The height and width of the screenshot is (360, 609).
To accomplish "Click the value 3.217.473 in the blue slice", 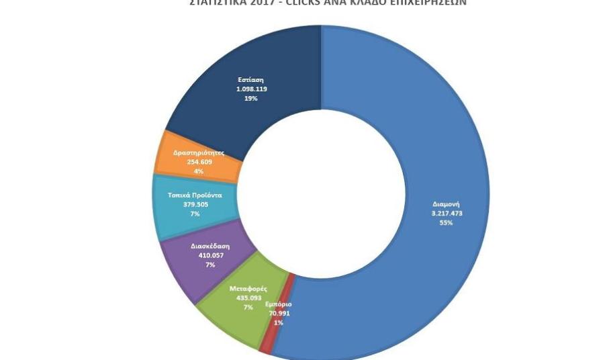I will tap(447, 214).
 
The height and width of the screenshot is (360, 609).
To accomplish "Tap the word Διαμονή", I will tap(447, 204).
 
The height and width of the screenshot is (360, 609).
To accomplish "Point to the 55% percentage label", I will tap(447, 223).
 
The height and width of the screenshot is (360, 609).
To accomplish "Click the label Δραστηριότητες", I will tap(199, 153).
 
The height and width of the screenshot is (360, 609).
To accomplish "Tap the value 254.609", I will tap(199, 162).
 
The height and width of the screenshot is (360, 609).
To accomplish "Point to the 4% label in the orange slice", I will tap(199, 171).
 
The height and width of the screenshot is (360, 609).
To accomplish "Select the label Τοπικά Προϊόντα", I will tap(195, 195).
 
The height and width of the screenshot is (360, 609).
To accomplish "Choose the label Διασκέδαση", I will tap(210, 246).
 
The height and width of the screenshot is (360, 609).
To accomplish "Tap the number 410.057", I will tap(210, 255).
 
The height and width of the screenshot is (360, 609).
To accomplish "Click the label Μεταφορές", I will tap(248, 289).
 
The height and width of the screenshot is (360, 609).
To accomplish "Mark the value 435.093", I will tap(248, 298).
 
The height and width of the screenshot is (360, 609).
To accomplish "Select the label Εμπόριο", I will tap(279, 304).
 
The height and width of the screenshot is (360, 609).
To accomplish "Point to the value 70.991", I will tap(278, 313).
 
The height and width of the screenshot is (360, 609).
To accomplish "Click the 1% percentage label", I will tap(278, 322).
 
